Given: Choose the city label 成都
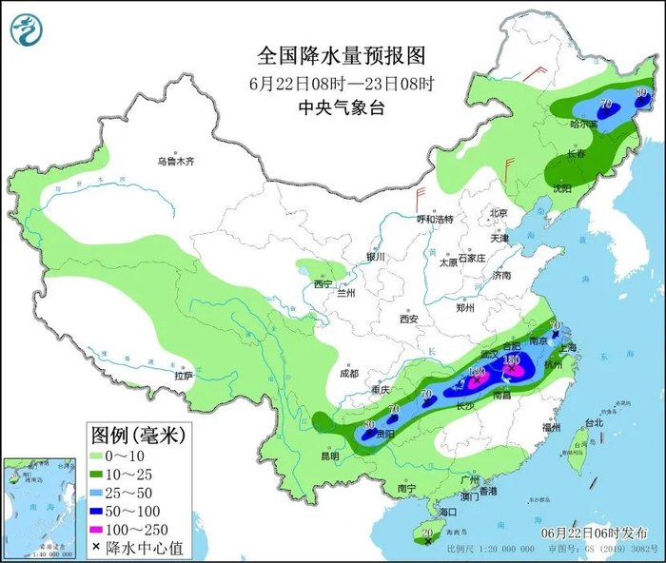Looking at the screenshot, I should [x=348, y=373].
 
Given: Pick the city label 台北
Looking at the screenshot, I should [x=594, y=422].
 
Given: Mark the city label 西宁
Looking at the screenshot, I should [x=323, y=283].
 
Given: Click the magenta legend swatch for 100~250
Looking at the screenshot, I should [x=97, y=530].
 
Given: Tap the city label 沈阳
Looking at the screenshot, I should [x=563, y=188].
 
